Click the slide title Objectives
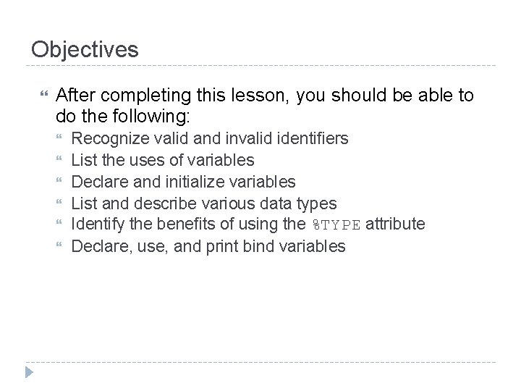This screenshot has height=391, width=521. click(85, 49)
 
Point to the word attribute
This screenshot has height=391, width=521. click(394, 224)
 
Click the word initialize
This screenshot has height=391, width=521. click(190, 181)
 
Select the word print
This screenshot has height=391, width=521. click(226, 246)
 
